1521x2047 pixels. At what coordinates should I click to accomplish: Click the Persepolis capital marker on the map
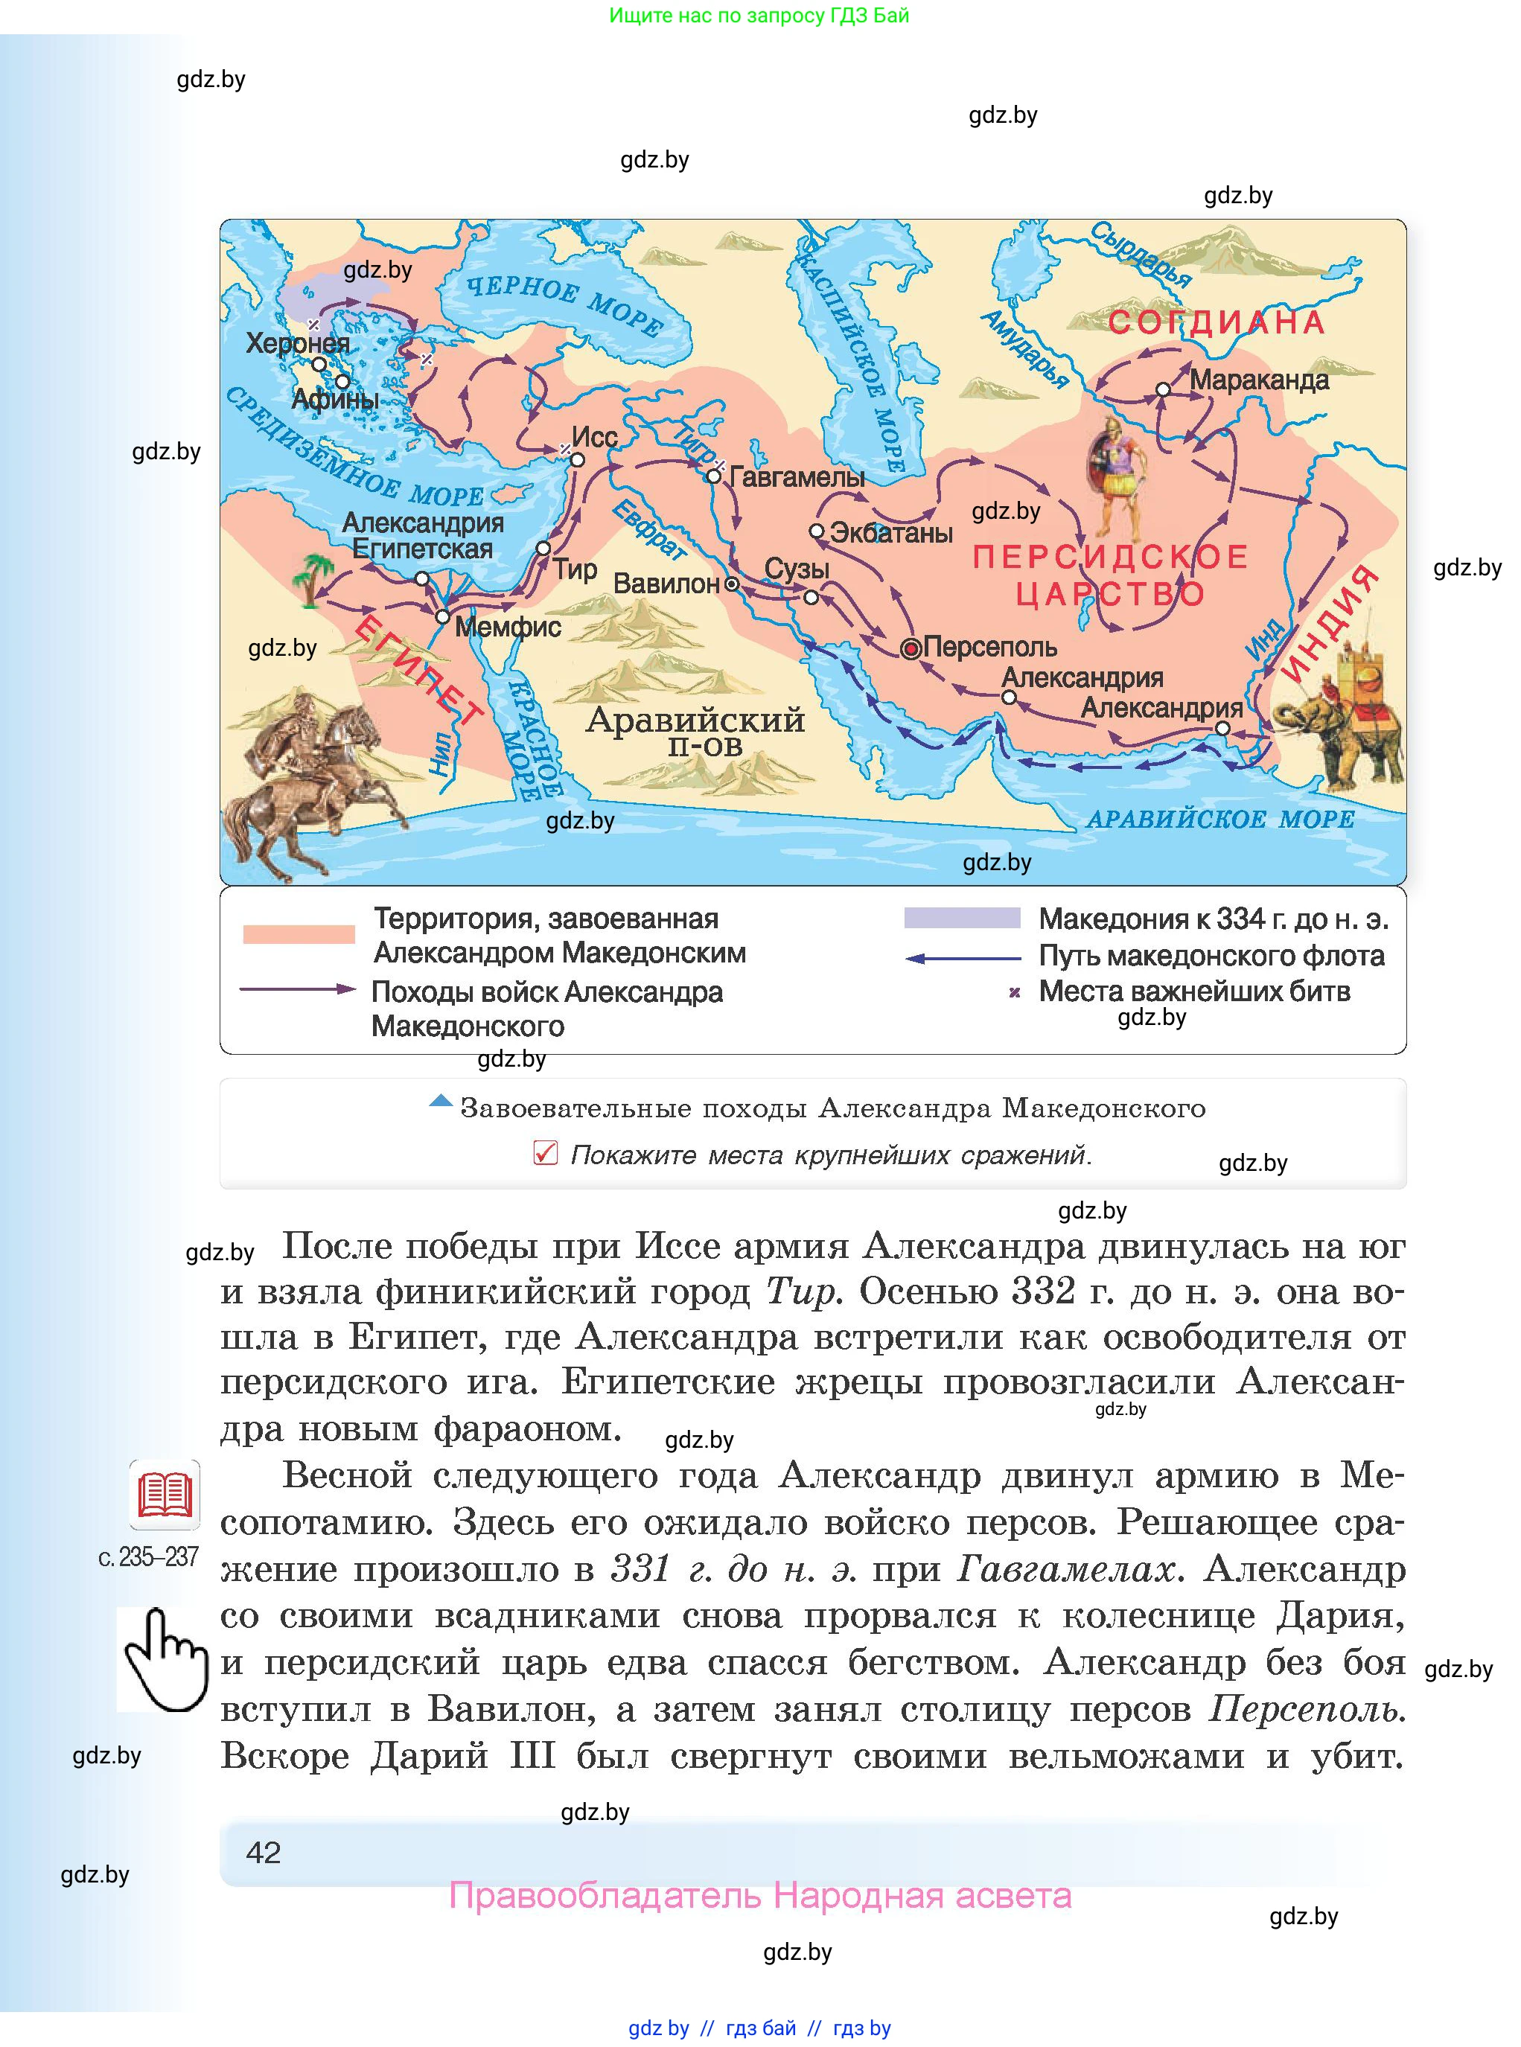(911, 649)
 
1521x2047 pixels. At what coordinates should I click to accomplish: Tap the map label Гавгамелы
(797, 477)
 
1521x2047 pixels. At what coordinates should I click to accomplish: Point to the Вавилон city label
(666, 584)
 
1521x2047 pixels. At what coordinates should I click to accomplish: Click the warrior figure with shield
(1116, 479)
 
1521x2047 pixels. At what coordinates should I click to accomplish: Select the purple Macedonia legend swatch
(962, 918)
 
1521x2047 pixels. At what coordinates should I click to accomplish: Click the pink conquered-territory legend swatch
(299, 934)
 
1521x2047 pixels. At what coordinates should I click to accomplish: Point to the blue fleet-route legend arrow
(962, 958)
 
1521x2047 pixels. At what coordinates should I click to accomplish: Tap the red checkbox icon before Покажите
(545, 1152)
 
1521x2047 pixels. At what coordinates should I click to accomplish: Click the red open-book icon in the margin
(165, 1495)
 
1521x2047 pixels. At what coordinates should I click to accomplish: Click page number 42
(264, 1852)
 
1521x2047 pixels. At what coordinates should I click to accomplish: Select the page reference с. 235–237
(148, 1556)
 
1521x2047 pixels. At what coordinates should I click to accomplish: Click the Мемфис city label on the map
(507, 627)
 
